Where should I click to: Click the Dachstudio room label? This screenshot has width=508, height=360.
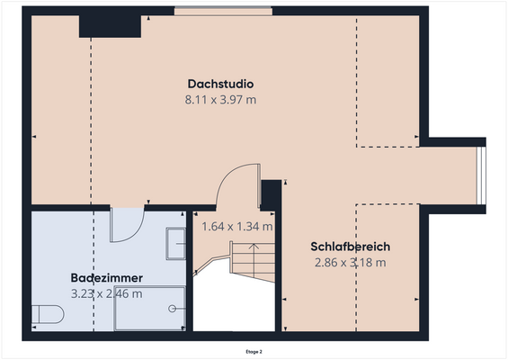(x=220, y=84)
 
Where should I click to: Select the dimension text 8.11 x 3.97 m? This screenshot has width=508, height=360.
(x=220, y=100)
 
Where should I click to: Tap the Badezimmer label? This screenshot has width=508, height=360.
(x=107, y=278)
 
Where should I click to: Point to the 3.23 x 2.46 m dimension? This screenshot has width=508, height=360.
(x=107, y=293)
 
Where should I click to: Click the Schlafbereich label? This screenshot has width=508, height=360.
(x=350, y=247)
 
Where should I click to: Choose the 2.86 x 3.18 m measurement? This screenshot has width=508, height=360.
(x=350, y=263)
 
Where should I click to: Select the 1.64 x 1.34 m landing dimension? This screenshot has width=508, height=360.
(x=236, y=227)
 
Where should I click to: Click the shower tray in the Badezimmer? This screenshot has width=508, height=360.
(x=149, y=308)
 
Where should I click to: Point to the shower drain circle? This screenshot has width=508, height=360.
(x=172, y=308)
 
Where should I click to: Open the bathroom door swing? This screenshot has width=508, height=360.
(x=127, y=225)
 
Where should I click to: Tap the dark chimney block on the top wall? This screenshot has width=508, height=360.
(x=110, y=25)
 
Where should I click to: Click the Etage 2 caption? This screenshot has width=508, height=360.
(x=254, y=351)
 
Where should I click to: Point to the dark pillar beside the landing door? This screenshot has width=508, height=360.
(x=268, y=194)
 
